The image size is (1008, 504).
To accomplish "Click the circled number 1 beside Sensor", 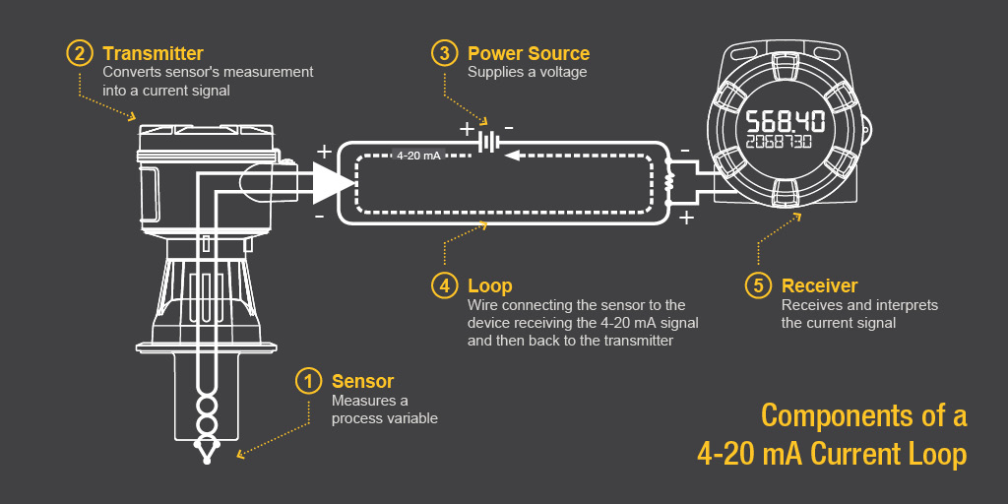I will click(309, 381).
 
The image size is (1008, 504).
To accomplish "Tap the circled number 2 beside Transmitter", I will click(80, 52).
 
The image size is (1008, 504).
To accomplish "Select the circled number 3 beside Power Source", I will click(445, 52).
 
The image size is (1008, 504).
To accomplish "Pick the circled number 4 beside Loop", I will click(445, 285).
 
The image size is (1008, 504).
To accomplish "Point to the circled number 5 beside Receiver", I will click(758, 285).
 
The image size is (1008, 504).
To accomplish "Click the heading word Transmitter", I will click(153, 53).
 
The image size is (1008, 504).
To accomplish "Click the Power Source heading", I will click(529, 53).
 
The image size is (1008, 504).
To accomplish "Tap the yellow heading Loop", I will click(490, 286).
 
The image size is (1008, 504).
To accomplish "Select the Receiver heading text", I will click(819, 286).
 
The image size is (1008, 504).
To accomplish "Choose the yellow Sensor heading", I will click(362, 382).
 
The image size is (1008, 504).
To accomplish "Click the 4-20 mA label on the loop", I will click(418, 156).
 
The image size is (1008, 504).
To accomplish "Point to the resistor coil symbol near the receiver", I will click(670, 183).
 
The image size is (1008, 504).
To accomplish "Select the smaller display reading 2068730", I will click(778, 143).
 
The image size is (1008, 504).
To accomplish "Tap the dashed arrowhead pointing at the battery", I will click(512, 156).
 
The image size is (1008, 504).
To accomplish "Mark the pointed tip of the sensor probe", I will click(207, 457).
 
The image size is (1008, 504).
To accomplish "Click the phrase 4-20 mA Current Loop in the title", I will click(831, 454).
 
